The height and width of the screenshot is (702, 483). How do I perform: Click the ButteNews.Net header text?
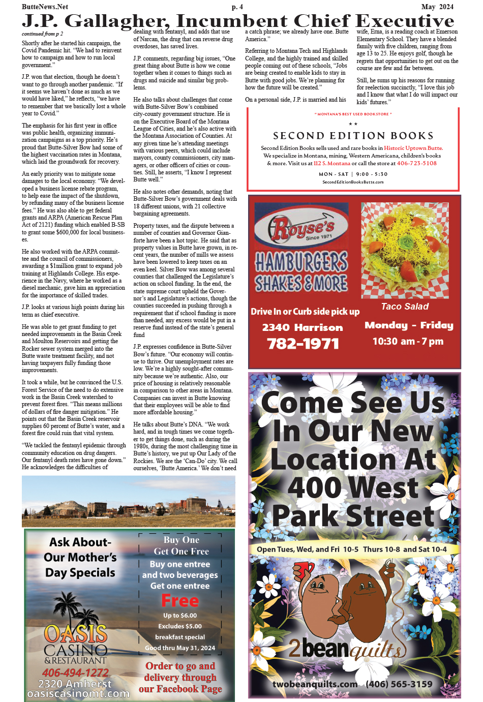[45, 7]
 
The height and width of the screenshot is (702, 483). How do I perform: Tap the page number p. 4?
[237, 7]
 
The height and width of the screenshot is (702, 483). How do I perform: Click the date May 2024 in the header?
[437, 7]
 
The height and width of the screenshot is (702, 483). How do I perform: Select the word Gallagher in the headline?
[116, 21]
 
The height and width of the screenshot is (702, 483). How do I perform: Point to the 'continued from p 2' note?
[42, 34]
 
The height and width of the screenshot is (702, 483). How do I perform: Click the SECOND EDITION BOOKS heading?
[353, 136]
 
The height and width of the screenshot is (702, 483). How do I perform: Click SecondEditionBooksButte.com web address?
[353, 182]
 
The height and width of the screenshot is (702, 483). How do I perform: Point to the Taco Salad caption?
[405, 307]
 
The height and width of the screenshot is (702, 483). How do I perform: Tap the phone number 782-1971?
[303, 344]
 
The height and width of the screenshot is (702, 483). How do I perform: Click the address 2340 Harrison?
[303, 328]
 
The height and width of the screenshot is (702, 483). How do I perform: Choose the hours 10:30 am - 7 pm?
[408, 341]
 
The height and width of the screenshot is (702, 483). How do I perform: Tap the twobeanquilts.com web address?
[315, 684]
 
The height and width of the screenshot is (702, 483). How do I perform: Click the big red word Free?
[180, 601]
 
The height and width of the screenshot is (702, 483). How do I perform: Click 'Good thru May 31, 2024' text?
[180, 648]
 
